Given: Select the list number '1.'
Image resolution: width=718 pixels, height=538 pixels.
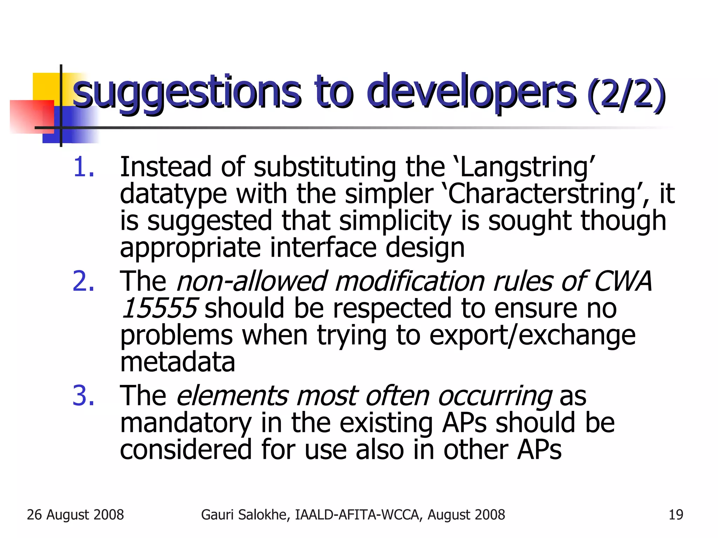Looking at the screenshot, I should pos(84,167).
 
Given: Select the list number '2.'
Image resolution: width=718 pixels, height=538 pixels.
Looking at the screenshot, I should pos(84,281).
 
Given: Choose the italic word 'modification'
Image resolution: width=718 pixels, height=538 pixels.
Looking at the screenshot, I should pos(409,281).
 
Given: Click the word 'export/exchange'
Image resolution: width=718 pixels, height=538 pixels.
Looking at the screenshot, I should pos(532,335).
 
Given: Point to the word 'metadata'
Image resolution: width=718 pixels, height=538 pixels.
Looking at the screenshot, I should pos(177,362).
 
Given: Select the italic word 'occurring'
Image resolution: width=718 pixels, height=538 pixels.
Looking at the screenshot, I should pos(495,396).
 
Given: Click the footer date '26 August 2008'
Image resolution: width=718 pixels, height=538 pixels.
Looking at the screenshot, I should pos(75,515).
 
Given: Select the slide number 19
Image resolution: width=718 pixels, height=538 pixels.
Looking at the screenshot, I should pos(676,515).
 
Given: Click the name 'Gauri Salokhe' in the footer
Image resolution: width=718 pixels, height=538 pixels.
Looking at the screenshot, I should pos(245,515).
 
